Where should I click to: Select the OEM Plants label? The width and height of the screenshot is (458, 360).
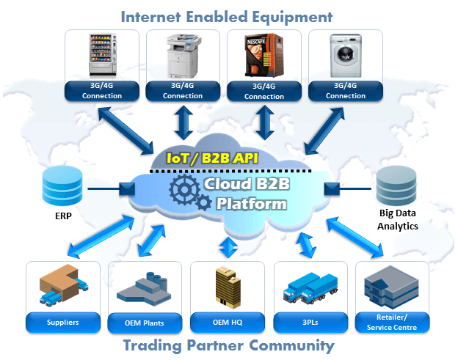tap(144, 322)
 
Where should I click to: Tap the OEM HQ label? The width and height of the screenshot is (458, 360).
tap(227, 322)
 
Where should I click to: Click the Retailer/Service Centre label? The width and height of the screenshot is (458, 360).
tap(393, 322)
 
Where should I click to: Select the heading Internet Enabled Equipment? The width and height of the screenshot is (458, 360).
tap(227, 16)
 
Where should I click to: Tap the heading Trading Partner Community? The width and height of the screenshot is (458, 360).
tap(228, 345)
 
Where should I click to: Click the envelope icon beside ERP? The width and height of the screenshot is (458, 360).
tap(125, 190)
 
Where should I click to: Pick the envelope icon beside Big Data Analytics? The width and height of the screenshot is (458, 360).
tap(331, 190)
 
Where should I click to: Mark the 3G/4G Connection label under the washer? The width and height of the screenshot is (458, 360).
tap(345, 91)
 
